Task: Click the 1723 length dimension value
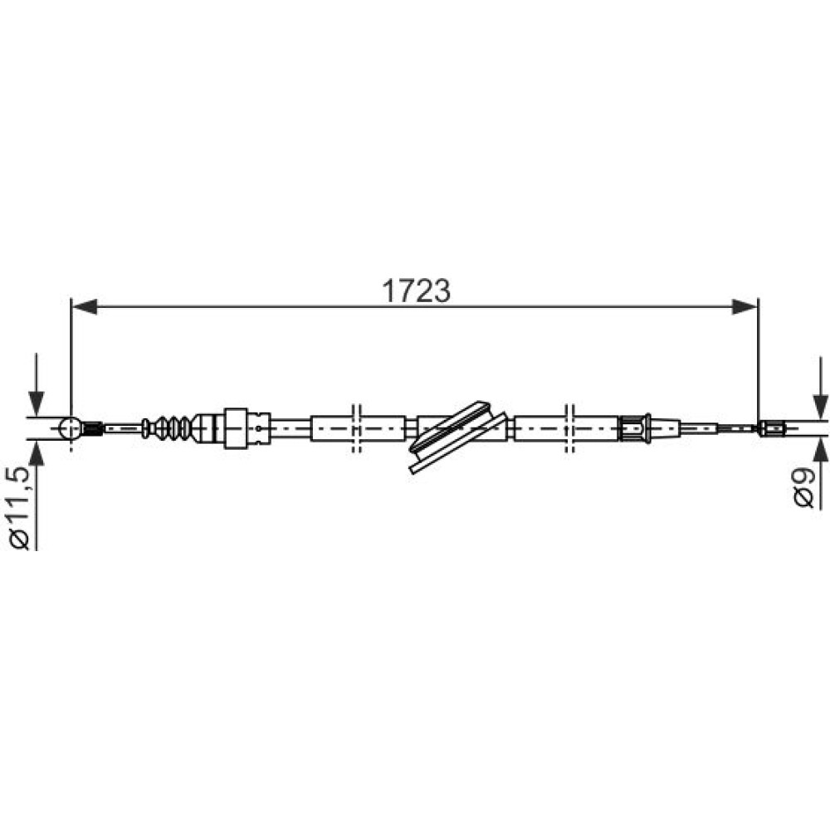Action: tap(416, 290)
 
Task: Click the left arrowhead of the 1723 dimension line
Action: tap(85, 306)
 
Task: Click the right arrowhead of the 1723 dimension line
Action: tap(745, 306)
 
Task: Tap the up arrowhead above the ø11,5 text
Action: tap(36, 452)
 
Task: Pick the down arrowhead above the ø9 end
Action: tap(821, 407)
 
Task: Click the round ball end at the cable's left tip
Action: tap(71, 427)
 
